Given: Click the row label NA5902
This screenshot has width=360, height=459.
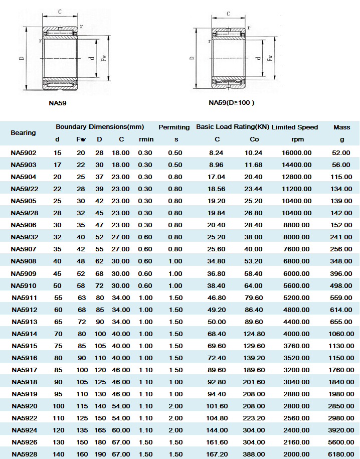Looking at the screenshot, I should point(24,152).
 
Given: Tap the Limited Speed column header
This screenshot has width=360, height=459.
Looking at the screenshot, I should point(295,127).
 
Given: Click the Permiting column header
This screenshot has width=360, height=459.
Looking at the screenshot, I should point(174,127).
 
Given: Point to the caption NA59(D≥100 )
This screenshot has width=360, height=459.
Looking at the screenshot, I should point(232,103).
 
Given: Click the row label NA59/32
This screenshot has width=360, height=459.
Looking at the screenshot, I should point(24,237).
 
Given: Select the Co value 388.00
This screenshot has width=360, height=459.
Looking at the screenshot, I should point(254,454).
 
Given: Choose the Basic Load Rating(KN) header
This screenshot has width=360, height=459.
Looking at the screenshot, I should point(232,127).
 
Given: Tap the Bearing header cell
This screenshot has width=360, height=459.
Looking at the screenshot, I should point(24,133).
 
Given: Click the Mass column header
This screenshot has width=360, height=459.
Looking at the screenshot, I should point(341,127).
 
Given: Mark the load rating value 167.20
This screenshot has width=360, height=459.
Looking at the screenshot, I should point(217,454).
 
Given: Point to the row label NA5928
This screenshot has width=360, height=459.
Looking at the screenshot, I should point(24,454).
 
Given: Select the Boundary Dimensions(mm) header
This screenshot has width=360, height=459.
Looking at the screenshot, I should point(100,127).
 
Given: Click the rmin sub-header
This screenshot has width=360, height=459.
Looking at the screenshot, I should point(146,139).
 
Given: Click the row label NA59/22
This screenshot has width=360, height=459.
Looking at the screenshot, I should point(24,189).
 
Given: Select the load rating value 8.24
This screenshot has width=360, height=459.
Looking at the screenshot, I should point(217,152).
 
